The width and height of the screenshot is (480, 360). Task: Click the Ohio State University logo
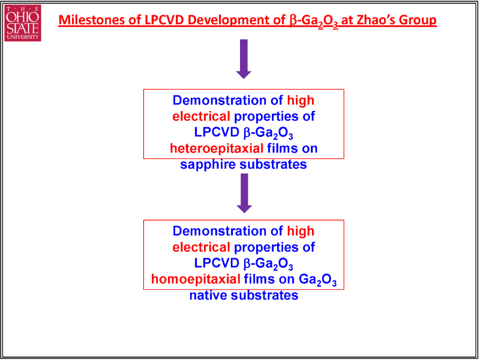pos(23,23)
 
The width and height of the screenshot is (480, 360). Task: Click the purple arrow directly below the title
pos(244,59)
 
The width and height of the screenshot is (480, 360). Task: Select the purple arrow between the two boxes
pos(244,193)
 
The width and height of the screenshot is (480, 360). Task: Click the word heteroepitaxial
pos(217,149)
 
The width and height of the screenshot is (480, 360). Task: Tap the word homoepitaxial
pos(195,280)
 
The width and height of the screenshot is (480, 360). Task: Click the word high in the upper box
pos(301,101)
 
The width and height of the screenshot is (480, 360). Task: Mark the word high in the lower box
pos(301,232)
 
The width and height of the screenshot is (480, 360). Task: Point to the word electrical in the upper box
pos(201,116)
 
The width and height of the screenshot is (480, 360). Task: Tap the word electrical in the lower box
pos(201,248)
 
